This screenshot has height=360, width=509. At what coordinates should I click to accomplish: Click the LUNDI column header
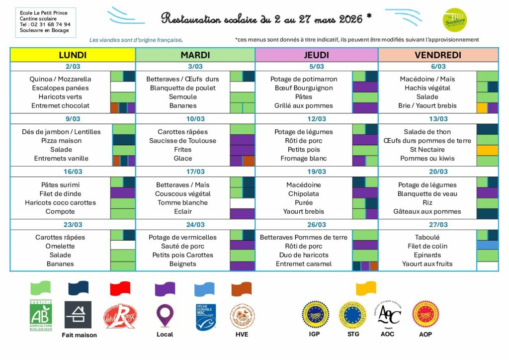pos(73,55)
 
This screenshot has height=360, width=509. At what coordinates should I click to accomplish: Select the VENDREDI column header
pos(438,55)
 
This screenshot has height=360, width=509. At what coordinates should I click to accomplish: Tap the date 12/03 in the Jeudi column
pos(316,119)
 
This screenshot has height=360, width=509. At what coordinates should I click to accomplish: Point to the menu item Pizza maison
pos(61,141)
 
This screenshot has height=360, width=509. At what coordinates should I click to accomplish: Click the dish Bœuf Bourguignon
pos(303,88)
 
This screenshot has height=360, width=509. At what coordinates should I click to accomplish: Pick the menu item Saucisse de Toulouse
pos(182,141)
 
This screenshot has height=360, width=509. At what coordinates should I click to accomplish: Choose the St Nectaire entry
pos(427,150)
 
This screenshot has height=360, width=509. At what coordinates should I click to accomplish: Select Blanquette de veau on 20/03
pos(427,194)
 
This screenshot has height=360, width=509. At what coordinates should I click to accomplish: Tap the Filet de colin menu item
pos(427,246)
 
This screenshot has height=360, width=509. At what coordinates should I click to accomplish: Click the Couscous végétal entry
pos(182,194)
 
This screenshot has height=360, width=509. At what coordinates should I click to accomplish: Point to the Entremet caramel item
pos(303,264)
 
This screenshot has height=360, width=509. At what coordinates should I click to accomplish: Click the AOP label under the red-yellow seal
pos(425,334)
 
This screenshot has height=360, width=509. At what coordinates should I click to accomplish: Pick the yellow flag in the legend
pos(366,288)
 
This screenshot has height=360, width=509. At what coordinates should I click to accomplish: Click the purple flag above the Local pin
pos(165,288)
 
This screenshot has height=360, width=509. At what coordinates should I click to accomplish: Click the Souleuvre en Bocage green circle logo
pos(454,20)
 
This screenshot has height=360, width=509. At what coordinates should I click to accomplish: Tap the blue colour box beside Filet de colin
pos(487,245)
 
